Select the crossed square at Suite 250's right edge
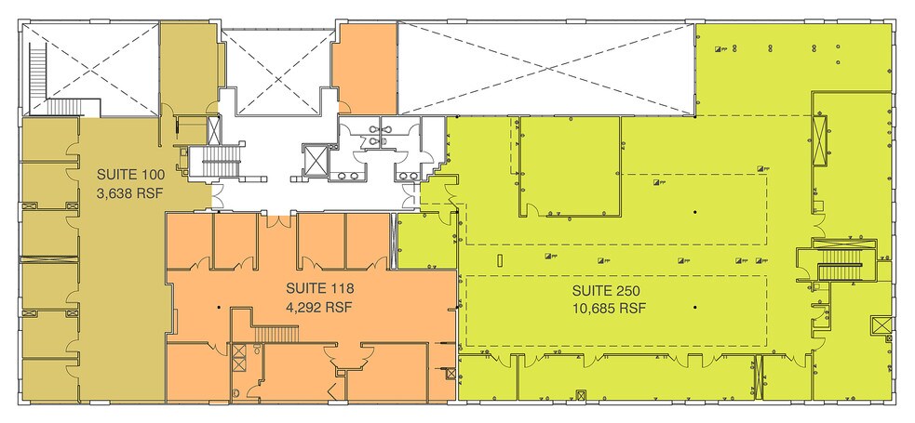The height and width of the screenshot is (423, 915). click(880, 326)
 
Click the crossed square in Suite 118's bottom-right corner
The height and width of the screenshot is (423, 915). click(451, 374)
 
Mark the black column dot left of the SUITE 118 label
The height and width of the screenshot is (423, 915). click(219, 308)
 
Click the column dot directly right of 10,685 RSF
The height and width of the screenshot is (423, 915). click(694, 308)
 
